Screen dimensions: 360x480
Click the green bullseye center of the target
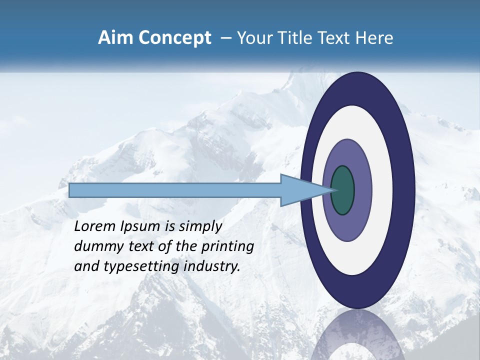click(342, 190)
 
